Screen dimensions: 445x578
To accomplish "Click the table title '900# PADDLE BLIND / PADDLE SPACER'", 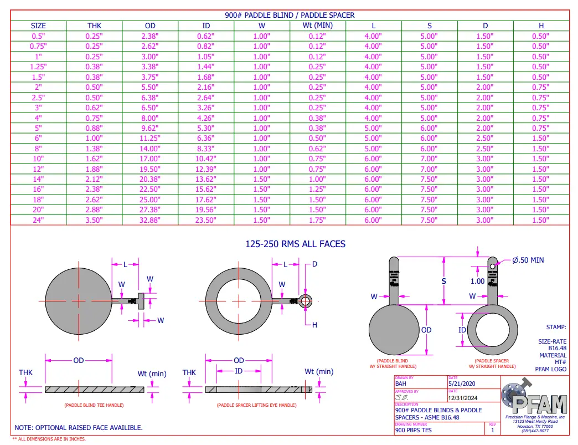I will (x=290, y=15).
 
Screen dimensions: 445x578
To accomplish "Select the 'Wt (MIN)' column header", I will (x=317, y=25).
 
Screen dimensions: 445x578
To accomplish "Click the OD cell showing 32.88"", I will (x=150, y=220).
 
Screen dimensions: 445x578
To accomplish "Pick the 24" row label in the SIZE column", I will (x=38, y=220).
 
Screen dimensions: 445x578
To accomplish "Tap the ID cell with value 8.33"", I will (x=206, y=149).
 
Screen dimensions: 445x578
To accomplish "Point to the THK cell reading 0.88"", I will (x=94, y=128).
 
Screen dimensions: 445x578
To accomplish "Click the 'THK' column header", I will (x=94, y=25).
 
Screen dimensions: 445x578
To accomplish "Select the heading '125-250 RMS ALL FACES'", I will (x=295, y=244).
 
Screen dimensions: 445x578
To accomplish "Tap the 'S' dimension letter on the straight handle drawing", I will (x=444, y=282).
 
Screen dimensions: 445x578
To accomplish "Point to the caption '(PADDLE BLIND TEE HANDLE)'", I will (x=94, y=405).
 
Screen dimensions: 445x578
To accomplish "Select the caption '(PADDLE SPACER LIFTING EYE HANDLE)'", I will (x=256, y=405).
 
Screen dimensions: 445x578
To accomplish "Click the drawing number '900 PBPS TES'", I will (x=414, y=429).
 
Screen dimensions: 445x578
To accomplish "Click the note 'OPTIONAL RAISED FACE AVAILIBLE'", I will (x=79, y=428).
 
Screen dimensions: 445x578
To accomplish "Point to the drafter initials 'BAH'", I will (x=401, y=383).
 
